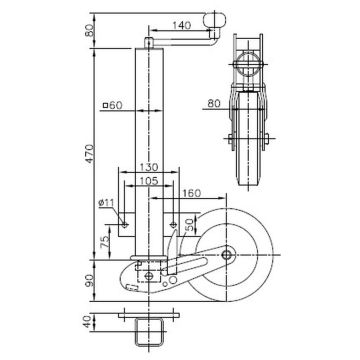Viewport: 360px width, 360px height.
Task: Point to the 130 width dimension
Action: pos(151,167)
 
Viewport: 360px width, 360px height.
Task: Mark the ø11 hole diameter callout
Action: pos(113,204)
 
